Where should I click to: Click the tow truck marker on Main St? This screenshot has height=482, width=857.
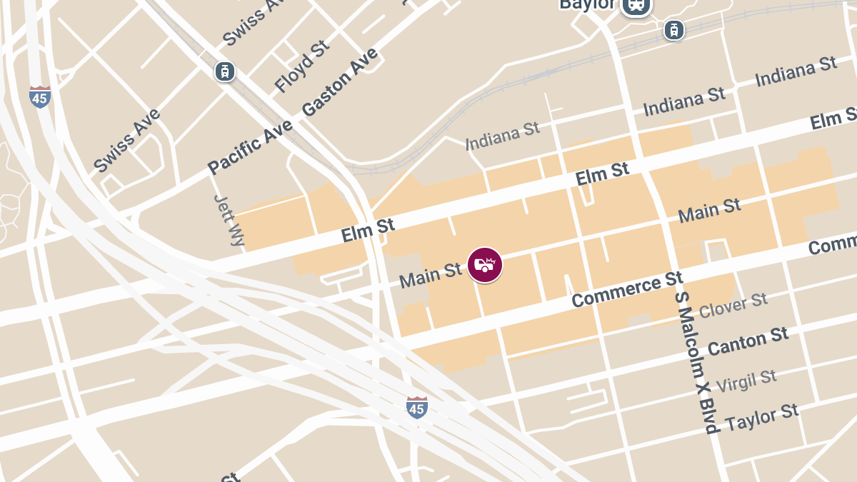[485, 265]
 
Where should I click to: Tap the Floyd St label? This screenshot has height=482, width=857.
[302, 66]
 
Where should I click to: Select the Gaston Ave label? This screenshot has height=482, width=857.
[339, 83]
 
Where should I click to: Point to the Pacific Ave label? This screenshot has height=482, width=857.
[250, 146]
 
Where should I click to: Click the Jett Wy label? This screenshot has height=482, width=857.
[229, 221]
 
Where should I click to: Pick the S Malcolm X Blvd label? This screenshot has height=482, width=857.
[696, 361]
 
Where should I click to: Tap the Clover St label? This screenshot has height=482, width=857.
[733, 305]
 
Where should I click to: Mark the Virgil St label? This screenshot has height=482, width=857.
[746, 379]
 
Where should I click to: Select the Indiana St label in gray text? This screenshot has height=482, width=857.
[502, 135]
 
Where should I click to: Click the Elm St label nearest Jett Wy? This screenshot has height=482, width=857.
[368, 230]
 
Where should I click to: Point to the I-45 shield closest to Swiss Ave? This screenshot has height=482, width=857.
[40, 96]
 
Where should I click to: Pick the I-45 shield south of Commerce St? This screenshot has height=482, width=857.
[417, 407]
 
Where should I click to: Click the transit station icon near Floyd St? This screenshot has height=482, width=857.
[225, 71]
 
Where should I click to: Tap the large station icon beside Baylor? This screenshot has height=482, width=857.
[636, 6]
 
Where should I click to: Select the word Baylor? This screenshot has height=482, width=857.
[587, 4]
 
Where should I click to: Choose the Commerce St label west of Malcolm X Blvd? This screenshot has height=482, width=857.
[627, 288]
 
